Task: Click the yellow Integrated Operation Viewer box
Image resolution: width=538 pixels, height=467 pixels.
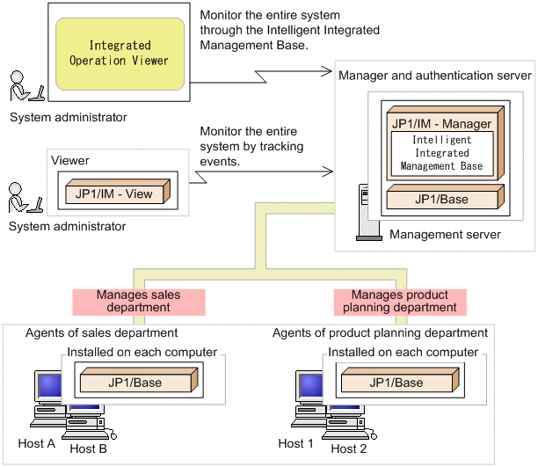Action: tap(120, 53)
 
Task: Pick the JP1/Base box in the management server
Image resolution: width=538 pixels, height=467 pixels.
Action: tap(441, 200)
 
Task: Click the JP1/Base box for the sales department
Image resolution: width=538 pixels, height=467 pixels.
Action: tap(135, 383)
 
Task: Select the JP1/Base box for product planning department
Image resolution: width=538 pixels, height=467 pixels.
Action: tap(396, 383)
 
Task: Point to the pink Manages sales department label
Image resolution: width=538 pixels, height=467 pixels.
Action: tap(139, 302)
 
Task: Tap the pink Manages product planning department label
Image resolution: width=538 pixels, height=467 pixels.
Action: tap(399, 302)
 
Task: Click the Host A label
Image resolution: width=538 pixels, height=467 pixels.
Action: tap(37, 443)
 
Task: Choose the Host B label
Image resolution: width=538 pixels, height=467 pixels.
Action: tap(88, 449)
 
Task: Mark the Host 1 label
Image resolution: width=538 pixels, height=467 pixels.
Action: tap(295, 443)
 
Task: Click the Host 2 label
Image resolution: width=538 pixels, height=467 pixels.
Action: tap(350, 449)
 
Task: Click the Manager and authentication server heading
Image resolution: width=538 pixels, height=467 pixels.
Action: tap(434, 77)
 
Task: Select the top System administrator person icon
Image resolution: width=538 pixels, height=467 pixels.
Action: tap(23, 89)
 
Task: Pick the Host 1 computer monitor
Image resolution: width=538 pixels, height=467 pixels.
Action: tap(308, 390)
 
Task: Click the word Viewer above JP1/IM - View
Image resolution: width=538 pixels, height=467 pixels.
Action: tap(71, 162)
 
